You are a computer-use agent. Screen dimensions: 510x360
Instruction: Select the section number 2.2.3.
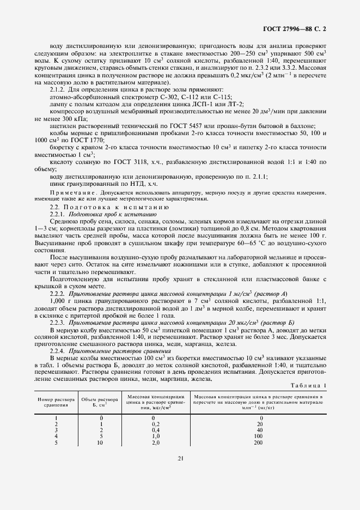pos(58,322)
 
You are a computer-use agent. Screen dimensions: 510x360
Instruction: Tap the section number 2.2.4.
pos(58,350)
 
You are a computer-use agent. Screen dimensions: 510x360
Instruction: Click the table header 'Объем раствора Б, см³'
pos(96,402)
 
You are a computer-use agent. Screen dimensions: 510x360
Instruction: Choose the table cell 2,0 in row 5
pos(155,442)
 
